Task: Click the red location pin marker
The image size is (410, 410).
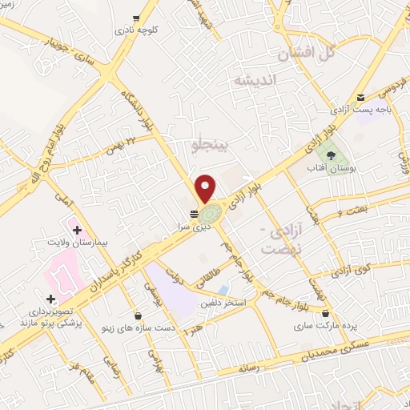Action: (206, 187)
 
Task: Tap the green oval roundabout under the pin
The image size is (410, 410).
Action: (211, 214)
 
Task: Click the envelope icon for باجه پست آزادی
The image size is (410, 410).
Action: (361, 96)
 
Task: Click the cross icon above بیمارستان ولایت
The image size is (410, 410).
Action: (77, 230)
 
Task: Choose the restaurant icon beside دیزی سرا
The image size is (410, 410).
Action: (193, 214)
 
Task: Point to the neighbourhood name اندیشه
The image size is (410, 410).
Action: (254, 81)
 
